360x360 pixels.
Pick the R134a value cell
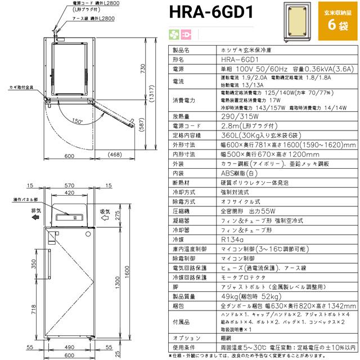(x=232, y=240)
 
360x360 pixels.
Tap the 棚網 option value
(x=227, y=337)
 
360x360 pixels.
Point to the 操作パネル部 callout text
(x=25, y=199)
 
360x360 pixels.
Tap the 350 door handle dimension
(x=32, y=262)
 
